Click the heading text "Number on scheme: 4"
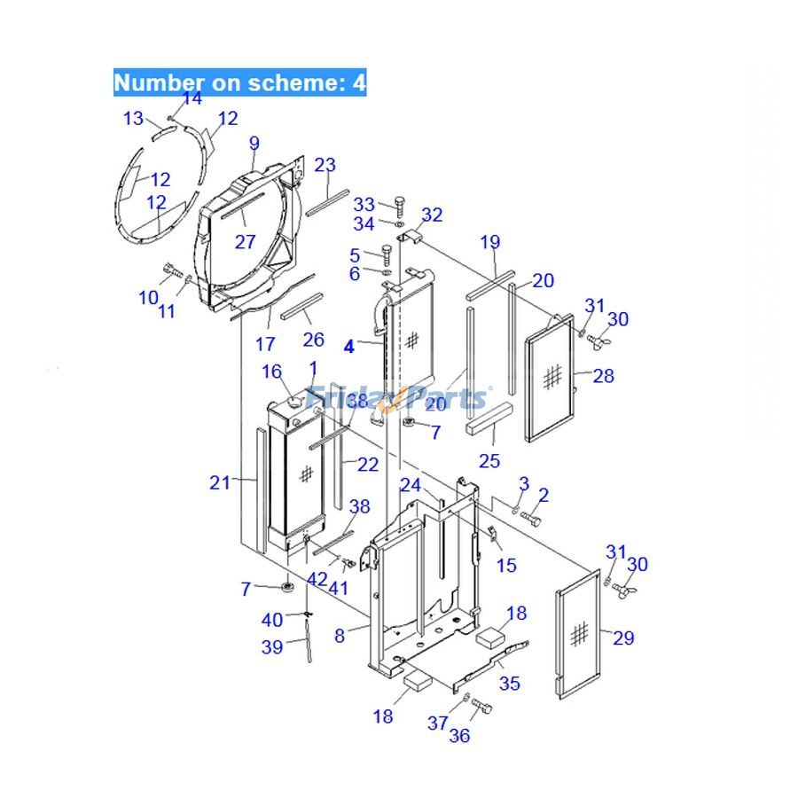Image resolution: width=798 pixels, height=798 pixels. click(239, 83)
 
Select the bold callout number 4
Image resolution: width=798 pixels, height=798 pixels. click(349, 347)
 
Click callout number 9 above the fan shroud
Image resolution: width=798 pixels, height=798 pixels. click(254, 144)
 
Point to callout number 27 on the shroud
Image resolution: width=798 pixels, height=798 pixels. click(245, 242)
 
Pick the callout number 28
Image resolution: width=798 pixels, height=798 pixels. click(603, 376)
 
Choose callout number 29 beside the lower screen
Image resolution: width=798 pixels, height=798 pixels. click(623, 638)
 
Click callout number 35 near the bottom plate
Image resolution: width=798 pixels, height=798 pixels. click(510, 683)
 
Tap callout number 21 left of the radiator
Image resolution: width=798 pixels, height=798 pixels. click(219, 482)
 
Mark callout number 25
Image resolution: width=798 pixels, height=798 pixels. click(489, 461)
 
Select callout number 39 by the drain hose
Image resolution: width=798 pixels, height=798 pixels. click(272, 647)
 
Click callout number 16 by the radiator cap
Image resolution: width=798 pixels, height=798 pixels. click(271, 371)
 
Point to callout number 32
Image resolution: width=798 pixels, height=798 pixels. click(432, 215)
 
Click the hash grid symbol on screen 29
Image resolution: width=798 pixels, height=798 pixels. click(580, 633)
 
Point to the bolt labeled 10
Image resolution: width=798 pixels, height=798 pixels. click(171, 271)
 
